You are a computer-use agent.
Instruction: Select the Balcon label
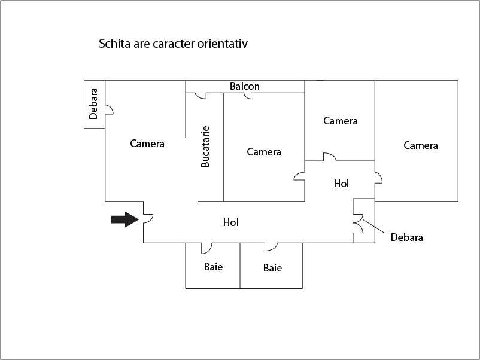pyautogui.click(x=245, y=86)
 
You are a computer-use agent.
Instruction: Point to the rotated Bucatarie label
pyautogui.click(x=205, y=146)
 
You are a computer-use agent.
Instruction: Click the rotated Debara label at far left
pyautogui.click(x=93, y=104)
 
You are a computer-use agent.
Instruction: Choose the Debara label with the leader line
pyautogui.click(x=407, y=237)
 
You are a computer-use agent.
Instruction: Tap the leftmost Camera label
pyautogui.click(x=147, y=144)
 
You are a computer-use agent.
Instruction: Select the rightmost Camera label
pyautogui.click(x=421, y=145)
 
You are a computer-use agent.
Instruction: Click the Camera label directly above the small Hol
pyautogui.click(x=341, y=121)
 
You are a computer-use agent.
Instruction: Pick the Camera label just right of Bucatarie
pyautogui.click(x=264, y=152)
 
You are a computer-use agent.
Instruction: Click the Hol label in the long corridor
pyautogui.click(x=231, y=222)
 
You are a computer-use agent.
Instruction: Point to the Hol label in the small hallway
pyautogui.click(x=341, y=184)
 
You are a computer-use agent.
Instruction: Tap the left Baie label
pyautogui.click(x=213, y=266)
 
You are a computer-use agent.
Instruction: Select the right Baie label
pyautogui.click(x=272, y=268)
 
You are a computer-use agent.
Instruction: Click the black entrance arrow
pyautogui.click(x=124, y=219)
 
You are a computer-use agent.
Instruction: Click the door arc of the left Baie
pyautogui.click(x=206, y=247)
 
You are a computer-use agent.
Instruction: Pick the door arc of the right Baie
pyautogui.click(x=271, y=246)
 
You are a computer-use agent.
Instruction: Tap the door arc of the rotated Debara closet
pyautogui.click(x=109, y=109)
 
